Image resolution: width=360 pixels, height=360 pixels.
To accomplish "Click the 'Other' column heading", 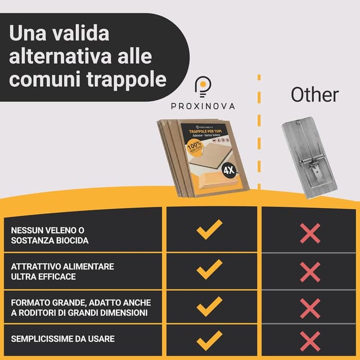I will coord(314,94).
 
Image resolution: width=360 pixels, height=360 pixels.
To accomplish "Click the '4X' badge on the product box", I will coord(229,170).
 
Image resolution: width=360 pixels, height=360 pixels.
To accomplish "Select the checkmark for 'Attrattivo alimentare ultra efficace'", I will coord(209,271).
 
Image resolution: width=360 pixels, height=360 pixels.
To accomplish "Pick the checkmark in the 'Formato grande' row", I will coord(209,307).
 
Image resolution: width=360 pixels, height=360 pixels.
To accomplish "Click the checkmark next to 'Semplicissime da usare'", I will coord(209,339).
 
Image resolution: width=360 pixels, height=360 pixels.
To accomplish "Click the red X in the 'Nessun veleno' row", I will coord(310,233).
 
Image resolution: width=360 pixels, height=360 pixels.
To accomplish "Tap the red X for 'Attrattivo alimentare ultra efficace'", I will coord(310,272).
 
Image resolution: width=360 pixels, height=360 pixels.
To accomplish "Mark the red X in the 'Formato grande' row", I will coord(310,308).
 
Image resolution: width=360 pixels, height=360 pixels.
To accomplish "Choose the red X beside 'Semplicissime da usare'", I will coord(310,341).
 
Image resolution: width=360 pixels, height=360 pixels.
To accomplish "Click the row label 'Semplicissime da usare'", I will coord(62,339).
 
